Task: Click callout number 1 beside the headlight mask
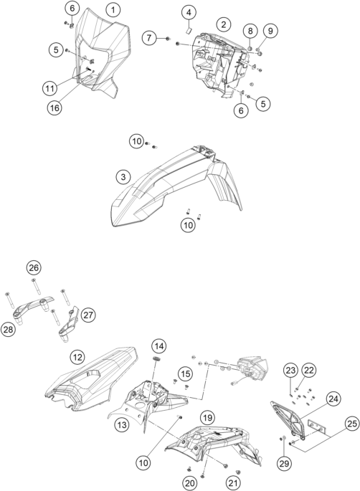coord(113,10)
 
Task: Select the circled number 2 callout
coord(224,24)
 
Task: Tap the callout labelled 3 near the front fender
coord(123,177)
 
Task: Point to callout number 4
coord(189,12)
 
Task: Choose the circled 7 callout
coord(149,38)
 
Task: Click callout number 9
coord(270,31)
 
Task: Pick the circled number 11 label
coord(49,88)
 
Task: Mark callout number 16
coord(55,108)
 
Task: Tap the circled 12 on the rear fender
coord(77,357)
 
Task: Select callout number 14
coord(159,346)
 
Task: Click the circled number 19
coord(207,417)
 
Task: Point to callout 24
coord(333,399)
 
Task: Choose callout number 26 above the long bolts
coord(34,268)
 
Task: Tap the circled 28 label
coord(8,330)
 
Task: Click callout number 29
coord(284,463)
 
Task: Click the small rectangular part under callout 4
coord(189,30)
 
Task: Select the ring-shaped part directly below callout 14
coord(156,358)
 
